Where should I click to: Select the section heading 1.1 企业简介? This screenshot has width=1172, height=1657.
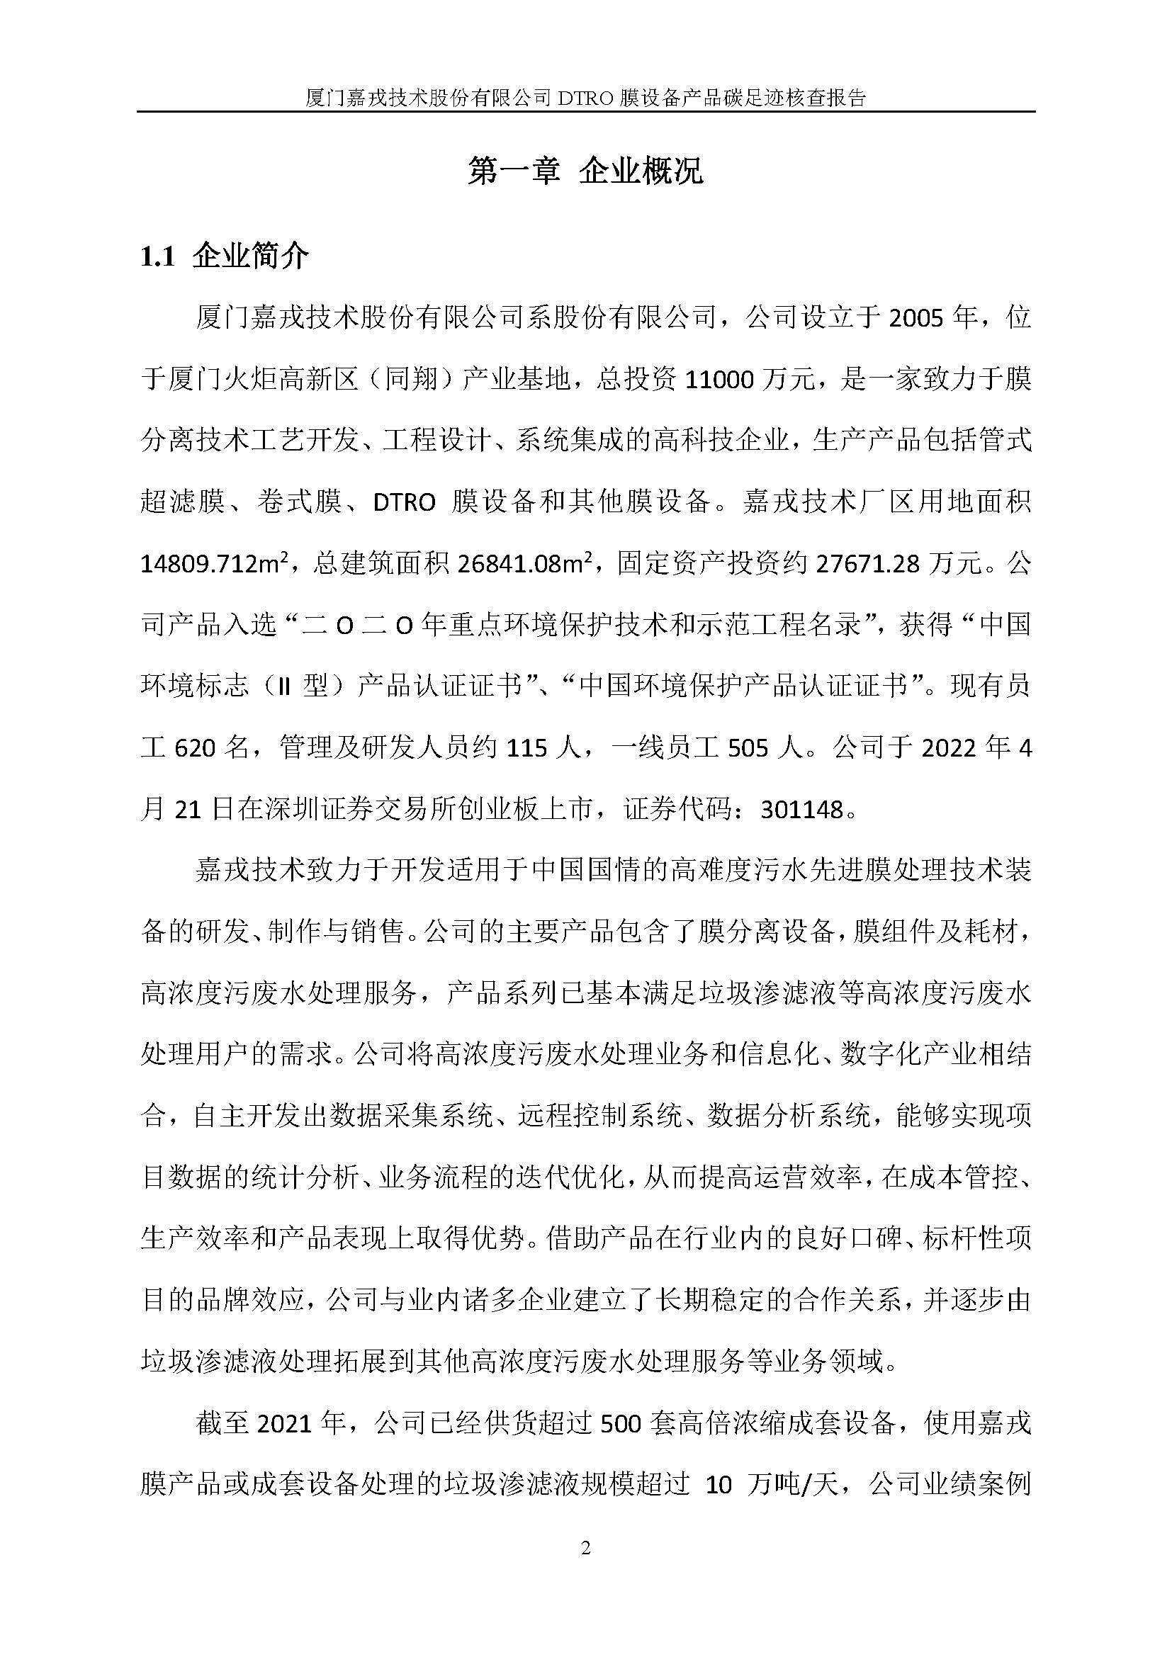pos(225,256)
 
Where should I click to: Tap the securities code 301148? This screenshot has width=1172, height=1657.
pos(803,810)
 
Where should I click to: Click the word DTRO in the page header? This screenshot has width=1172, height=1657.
pos(584,98)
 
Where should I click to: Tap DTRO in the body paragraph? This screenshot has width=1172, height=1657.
pos(404,503)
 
